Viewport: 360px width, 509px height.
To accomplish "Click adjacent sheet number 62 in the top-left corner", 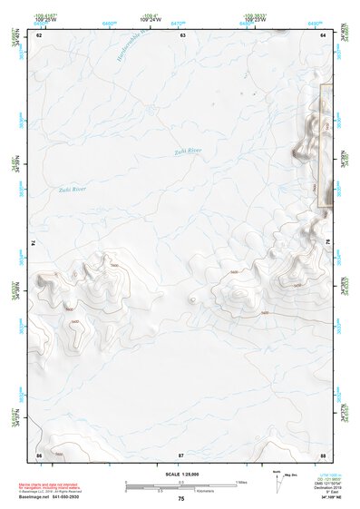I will tap(38, 34).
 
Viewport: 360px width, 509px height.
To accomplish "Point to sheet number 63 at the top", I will tap(182, 34).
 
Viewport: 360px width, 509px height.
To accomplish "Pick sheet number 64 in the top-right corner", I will tap(324, 34).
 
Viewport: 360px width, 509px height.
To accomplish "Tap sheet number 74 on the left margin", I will tap(34, 243).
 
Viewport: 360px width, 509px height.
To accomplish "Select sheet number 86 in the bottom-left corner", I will tap(38, 453).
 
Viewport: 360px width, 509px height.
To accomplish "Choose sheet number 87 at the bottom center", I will tap(181, 453).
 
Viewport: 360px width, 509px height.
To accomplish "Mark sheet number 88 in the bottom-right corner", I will tap(324, 453).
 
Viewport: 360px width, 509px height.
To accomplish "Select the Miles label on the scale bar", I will tap(242, 482).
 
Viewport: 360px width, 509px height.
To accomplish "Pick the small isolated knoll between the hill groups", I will tap(192, 296).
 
